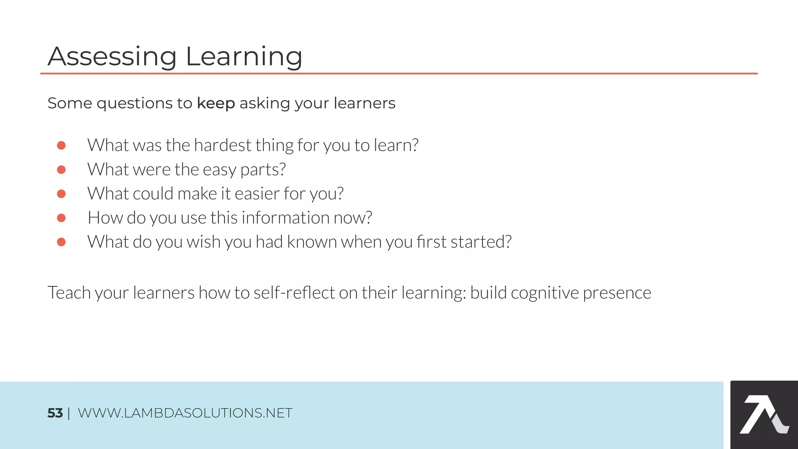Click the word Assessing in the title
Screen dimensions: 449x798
coord(112,57)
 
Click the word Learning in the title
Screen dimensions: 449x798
coord(244,57)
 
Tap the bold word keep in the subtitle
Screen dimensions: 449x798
coord(216,103)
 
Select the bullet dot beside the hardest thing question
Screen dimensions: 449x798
coord(61,145)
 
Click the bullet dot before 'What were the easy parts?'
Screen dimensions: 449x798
coord(61,170)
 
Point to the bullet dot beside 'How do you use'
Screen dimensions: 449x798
coord(61,218)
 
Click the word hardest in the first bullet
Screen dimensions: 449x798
coord(222,145)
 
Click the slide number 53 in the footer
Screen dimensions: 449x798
coord(55,413)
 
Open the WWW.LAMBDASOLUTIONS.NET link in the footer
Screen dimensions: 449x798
coord(185,413)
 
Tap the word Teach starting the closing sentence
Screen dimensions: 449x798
coord(69,293)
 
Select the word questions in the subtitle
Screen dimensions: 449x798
coord(134,104)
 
